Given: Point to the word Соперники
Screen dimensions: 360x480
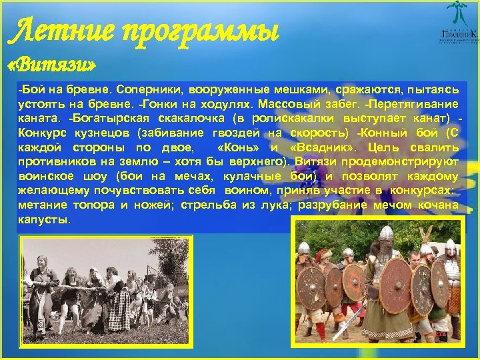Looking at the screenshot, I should [x=143, y=89].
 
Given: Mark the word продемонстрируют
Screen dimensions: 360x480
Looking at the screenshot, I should [x=407, y=161].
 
